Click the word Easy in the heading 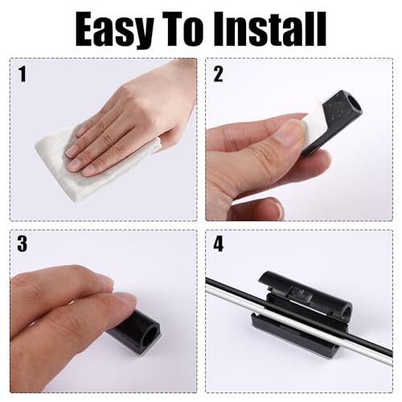[x=114, y=31]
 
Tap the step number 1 [x=23, y=74]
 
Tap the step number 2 [x=218, y=74]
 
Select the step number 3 [x=22, y=244]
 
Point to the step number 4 [x=218, y=244]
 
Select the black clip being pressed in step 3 [x=137, y=330]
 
